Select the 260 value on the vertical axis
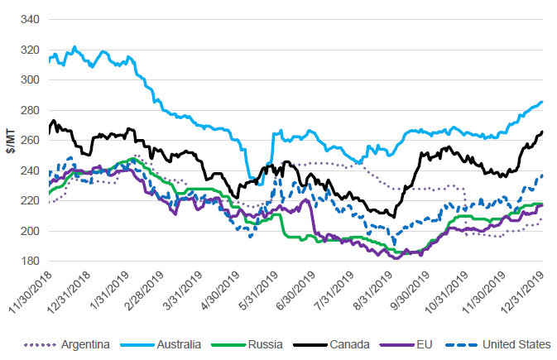point(30,141)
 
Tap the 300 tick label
point(30,80)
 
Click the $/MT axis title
point(9,141)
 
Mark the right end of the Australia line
point(543,102)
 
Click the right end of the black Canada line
point(543,132)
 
